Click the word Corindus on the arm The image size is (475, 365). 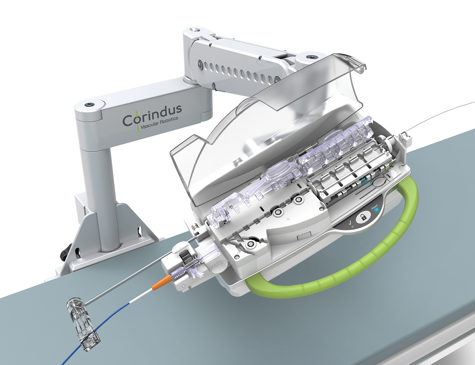coord(152,115)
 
